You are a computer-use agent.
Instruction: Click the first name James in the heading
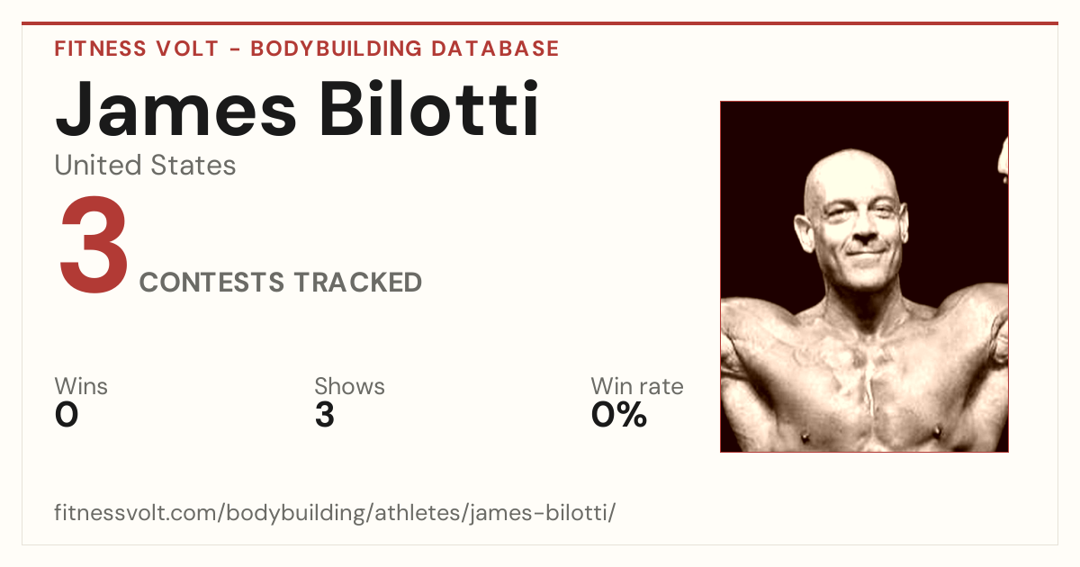point(175,109)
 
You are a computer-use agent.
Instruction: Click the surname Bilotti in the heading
point(428,108)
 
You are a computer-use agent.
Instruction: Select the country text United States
point(145,165)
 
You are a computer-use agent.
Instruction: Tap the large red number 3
point(94,244)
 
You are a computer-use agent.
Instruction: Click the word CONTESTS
point(211,282)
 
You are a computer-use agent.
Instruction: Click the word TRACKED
point(358,282)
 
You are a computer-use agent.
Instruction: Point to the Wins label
point(81,386)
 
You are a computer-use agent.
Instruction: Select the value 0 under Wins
point(67,415)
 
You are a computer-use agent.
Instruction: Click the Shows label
point(349,386)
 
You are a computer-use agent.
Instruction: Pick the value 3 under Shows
point(325,415)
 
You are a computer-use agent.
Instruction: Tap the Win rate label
point(637,386)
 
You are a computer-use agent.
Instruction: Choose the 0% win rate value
point(619,415)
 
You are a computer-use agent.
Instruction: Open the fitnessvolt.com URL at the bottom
point(335,512)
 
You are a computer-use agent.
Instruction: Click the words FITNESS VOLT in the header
point(137,49)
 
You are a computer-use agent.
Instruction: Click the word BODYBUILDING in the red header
point(337,49)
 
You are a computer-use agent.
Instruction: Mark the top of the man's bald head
point(850,150)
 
